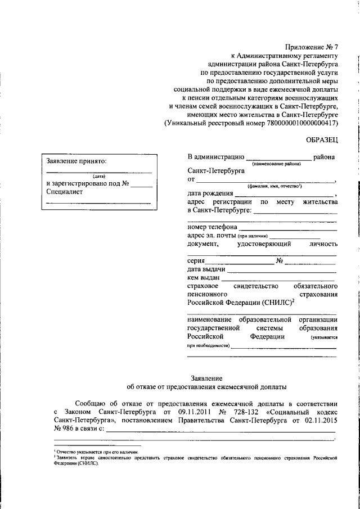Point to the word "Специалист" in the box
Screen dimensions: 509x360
pyautogui.click(x=65, y=191)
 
